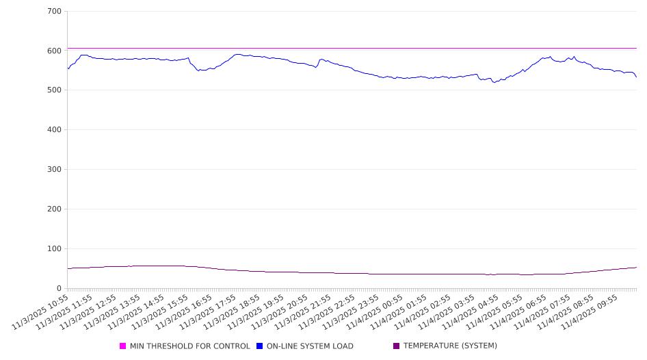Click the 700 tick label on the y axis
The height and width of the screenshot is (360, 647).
pyautogui.click(x=55, y=12)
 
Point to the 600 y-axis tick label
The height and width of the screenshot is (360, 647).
pyautogui.click(x=55, y=51)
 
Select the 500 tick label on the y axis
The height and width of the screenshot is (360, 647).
pyautogui.click(x=55, y=90)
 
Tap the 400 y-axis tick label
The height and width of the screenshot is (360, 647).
pyautogui.click(x=55, y=130)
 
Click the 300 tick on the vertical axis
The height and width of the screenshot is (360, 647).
pyautogui.click(x=55, y=170)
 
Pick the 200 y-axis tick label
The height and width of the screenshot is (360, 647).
pyautogui.click(x=55, y=209)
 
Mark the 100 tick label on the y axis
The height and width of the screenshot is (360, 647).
pyautogui.click(x=55, y=249)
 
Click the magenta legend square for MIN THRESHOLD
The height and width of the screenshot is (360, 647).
pyautogui.click(x=123, y=346)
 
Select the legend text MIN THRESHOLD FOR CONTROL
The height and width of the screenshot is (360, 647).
pyautogui.click(x=189, y=346)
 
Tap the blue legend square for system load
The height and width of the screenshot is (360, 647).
pyautogui.click(x=259, y=346)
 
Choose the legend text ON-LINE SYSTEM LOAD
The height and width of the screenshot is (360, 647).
pyautogui.click(x=310, y=346)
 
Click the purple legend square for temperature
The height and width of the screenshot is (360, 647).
pyautogui.click(x=396, y=346)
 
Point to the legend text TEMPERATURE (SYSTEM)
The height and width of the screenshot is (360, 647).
pyautogui.click(x=450, y=346)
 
